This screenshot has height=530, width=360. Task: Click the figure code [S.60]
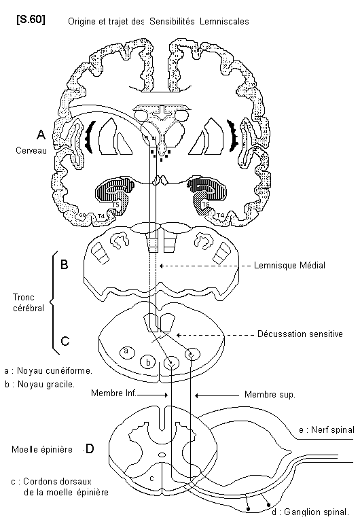(x=31, y=20)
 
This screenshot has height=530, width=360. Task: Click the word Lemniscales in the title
(x=224, y=22)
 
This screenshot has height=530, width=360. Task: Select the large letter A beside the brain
(x=41, y=135)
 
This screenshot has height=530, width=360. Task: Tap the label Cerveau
(x=31, y=150)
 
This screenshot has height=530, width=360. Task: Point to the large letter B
(x=65, y=264)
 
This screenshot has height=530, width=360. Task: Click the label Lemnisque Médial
(x=289, y=265)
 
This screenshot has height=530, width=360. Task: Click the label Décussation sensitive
(x=300, y=334)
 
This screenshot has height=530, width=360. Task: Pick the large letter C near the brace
(x=65, y=340)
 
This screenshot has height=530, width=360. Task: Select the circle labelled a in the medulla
(x=127, y=352)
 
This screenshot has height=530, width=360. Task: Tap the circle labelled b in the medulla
(x=148, y=362)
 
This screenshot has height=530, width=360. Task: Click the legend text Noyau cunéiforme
(x=54, y=371)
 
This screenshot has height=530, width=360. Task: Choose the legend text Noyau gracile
(x=46, y=385)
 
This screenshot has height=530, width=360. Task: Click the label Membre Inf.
(x=113, y=393)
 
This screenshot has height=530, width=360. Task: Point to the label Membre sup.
(x=270, y=395)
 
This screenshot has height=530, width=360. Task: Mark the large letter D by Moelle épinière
(x=90, y=449)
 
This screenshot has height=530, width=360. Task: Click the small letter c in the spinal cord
(x=151, y=478)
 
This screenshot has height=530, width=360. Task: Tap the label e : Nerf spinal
(x=327, y=429)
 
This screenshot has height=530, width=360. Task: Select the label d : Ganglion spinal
(x=310, y=512)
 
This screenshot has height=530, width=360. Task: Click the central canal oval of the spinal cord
(x=162, y=455)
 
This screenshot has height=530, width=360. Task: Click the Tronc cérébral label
(x=29, y=302)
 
